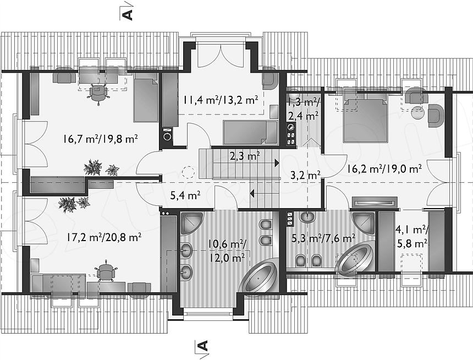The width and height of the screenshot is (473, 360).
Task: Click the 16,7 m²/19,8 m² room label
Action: pyautogui.click(x=101, y=139)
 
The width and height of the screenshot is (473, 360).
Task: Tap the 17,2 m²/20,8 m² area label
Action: pyautogui.click(x=104, y=237)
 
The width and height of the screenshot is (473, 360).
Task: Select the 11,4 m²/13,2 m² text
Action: pyautogui.click(x=220, y=100)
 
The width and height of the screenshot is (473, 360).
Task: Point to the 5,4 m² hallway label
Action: pyautogui.click(x=185, y=196)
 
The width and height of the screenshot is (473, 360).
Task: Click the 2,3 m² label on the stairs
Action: pyautogui.click(x=245, y=156)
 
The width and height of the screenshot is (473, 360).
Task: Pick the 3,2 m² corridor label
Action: pyautogui.click(x=305, y=175)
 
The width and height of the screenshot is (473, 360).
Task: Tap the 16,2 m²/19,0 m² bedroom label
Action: pyautogui.click(x=384, y=168)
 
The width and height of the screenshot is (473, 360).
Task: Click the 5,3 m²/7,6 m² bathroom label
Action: pyautogui.click(x=323, y=238)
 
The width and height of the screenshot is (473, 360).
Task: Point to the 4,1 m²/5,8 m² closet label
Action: pyautogui.click(x=412, y=237)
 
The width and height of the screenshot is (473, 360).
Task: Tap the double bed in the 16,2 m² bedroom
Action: pyautogui.click(x=365, y=119)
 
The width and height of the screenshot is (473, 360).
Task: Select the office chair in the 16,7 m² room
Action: pyautogui.click(x=98, y=94)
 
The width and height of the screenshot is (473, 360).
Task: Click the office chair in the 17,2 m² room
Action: pyautogui.click(x=105, y=271)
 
